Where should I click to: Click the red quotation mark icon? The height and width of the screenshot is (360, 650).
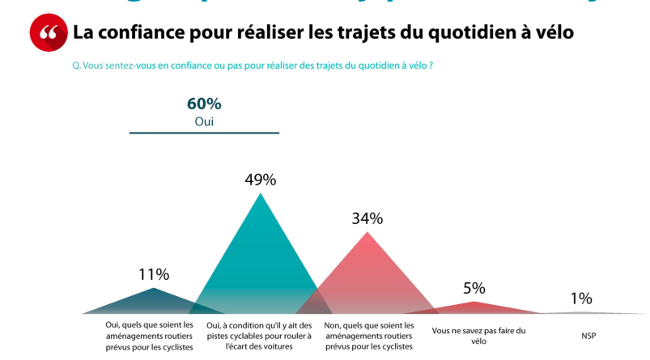(48, 33)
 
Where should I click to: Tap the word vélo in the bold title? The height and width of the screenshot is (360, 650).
(554, 32)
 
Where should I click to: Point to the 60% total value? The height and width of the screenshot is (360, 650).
(204, 104)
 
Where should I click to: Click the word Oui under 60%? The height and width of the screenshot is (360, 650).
(204, 121)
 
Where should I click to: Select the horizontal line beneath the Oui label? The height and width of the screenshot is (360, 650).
(204, 133)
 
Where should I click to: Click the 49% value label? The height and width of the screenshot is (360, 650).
(260, 180)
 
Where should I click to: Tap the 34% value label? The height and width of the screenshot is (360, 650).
(367, 218)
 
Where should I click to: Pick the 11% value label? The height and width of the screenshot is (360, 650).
(154, 274)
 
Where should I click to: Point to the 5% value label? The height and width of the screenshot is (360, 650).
(474, 288)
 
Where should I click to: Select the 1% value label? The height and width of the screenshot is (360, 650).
(581, 299)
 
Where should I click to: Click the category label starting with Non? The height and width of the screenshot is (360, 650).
(368, 336)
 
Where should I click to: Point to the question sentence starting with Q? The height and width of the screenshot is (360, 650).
(253, 65)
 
